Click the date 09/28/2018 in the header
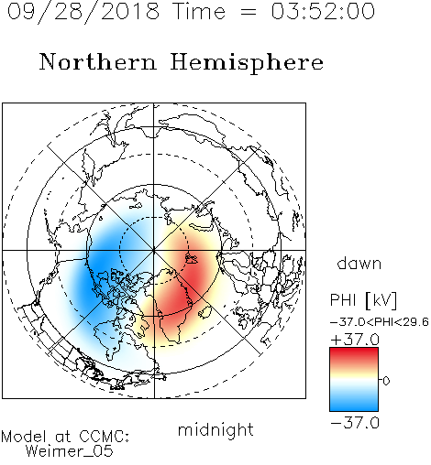pos(83,12)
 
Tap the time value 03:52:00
pos(323,11)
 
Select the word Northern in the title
pos(98,61)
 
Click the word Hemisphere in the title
pos(247,63)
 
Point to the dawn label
pos(359,264)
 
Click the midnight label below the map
pos(215,430)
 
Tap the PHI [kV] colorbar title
pos(363,300)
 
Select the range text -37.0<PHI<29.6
pos(380,322)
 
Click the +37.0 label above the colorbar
pos(355,340)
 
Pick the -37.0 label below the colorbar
pos(355,423)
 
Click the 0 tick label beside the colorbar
pos(386,381)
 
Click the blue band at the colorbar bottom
pos(354,405)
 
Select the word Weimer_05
pos(69,451)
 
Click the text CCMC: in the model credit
pos(105,437)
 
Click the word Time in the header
pos(199,11)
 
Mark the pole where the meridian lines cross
pos(154,250)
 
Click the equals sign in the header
pos(249,12)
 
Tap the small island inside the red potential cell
pos(192,259)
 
